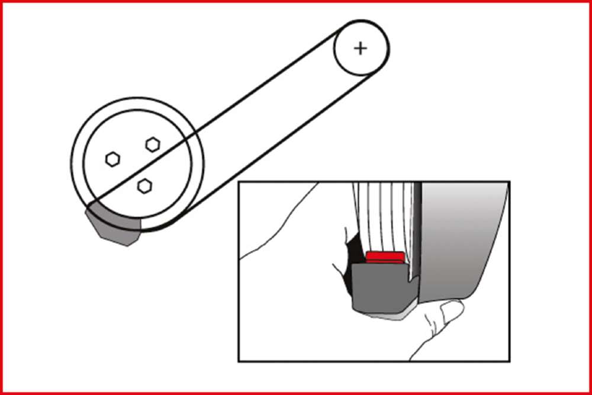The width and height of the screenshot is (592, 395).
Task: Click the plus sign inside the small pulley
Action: tap(361, 48)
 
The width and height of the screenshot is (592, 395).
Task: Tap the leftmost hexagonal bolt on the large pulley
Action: tap(112, 159)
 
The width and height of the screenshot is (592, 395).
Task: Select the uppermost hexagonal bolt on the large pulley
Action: tap(153, 143)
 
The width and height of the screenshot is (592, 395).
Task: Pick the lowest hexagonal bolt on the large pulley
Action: tap(143, 186)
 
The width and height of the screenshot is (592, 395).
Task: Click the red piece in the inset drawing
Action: tap(385, 256)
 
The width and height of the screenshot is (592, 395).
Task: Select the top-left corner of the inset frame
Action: tap(239, 182)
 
